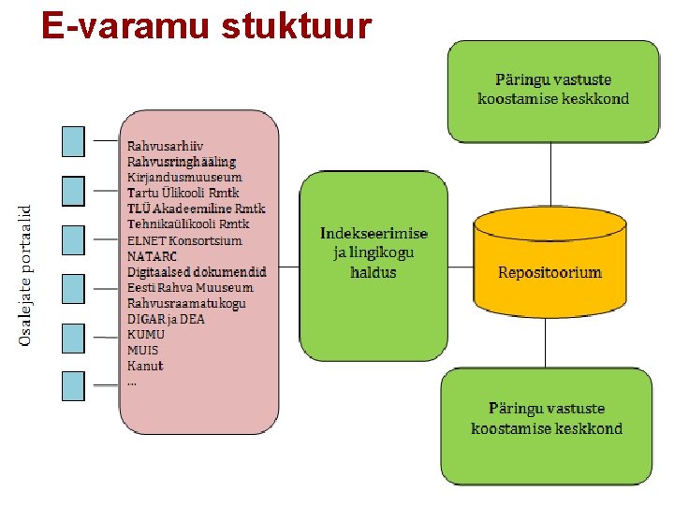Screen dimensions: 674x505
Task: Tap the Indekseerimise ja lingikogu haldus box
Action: [373, 252]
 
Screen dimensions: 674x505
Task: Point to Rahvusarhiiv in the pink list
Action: [166, 147]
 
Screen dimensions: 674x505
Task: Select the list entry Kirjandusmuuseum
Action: [184, 178]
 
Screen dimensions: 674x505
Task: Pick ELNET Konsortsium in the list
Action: [184, 240]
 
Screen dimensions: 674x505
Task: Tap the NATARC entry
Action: [153, 256]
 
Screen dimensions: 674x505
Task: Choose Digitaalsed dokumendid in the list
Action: [197, 271]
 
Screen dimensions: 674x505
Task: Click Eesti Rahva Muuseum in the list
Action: [190, 287]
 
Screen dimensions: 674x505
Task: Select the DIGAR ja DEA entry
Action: [166, 319]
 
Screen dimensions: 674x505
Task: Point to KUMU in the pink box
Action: [146, 334]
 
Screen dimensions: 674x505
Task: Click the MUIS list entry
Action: [143, 350]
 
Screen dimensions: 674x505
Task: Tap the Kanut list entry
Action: [145, 366]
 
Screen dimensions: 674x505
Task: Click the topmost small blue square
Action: [73, 141]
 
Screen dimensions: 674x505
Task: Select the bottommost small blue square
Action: [73, 385]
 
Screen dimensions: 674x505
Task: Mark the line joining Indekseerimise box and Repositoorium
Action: [460, 267]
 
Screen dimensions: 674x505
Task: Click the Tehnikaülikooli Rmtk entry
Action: [188, 224]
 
